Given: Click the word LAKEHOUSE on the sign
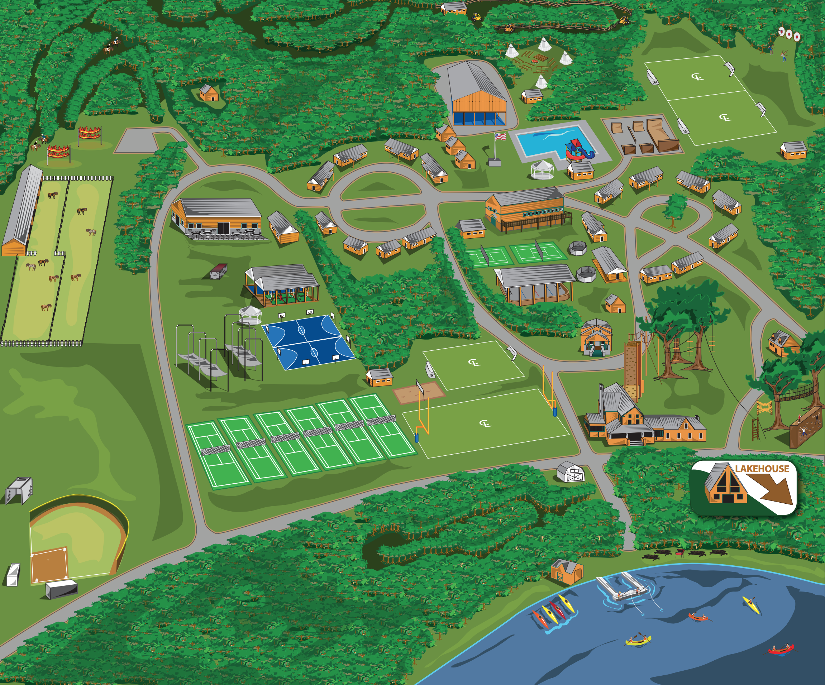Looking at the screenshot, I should click(x=762, y=469).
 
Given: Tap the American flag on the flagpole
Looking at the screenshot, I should click(x=500, y=137).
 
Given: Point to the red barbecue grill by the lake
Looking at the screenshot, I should click(x=679, y=553).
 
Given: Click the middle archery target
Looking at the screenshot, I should click(x=789, y=34).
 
